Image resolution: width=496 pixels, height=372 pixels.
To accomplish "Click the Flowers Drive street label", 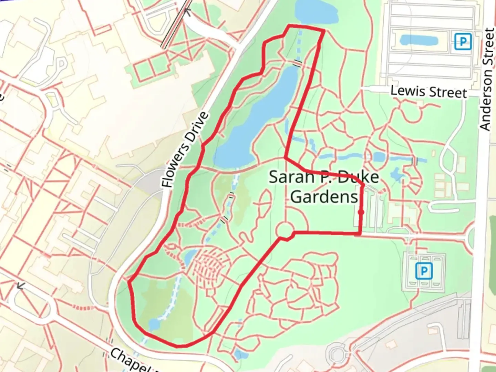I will [x=185, y=150].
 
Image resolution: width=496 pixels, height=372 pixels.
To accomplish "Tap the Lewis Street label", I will [x=428, y=92].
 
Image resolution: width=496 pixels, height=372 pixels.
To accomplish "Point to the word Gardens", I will [x=324, y=197].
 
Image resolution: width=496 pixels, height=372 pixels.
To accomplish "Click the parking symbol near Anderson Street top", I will [x=462, y=42].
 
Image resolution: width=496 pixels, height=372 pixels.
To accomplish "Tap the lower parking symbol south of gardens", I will [x=423, y=271].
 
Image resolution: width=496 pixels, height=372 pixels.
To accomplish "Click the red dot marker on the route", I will [x=361, y=212].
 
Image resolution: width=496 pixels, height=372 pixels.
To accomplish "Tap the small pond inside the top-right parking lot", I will [x=418, y=40].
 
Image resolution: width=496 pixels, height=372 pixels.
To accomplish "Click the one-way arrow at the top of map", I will [x=187, y=12].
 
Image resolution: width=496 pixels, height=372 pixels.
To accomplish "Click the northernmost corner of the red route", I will [x=289, y=26].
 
